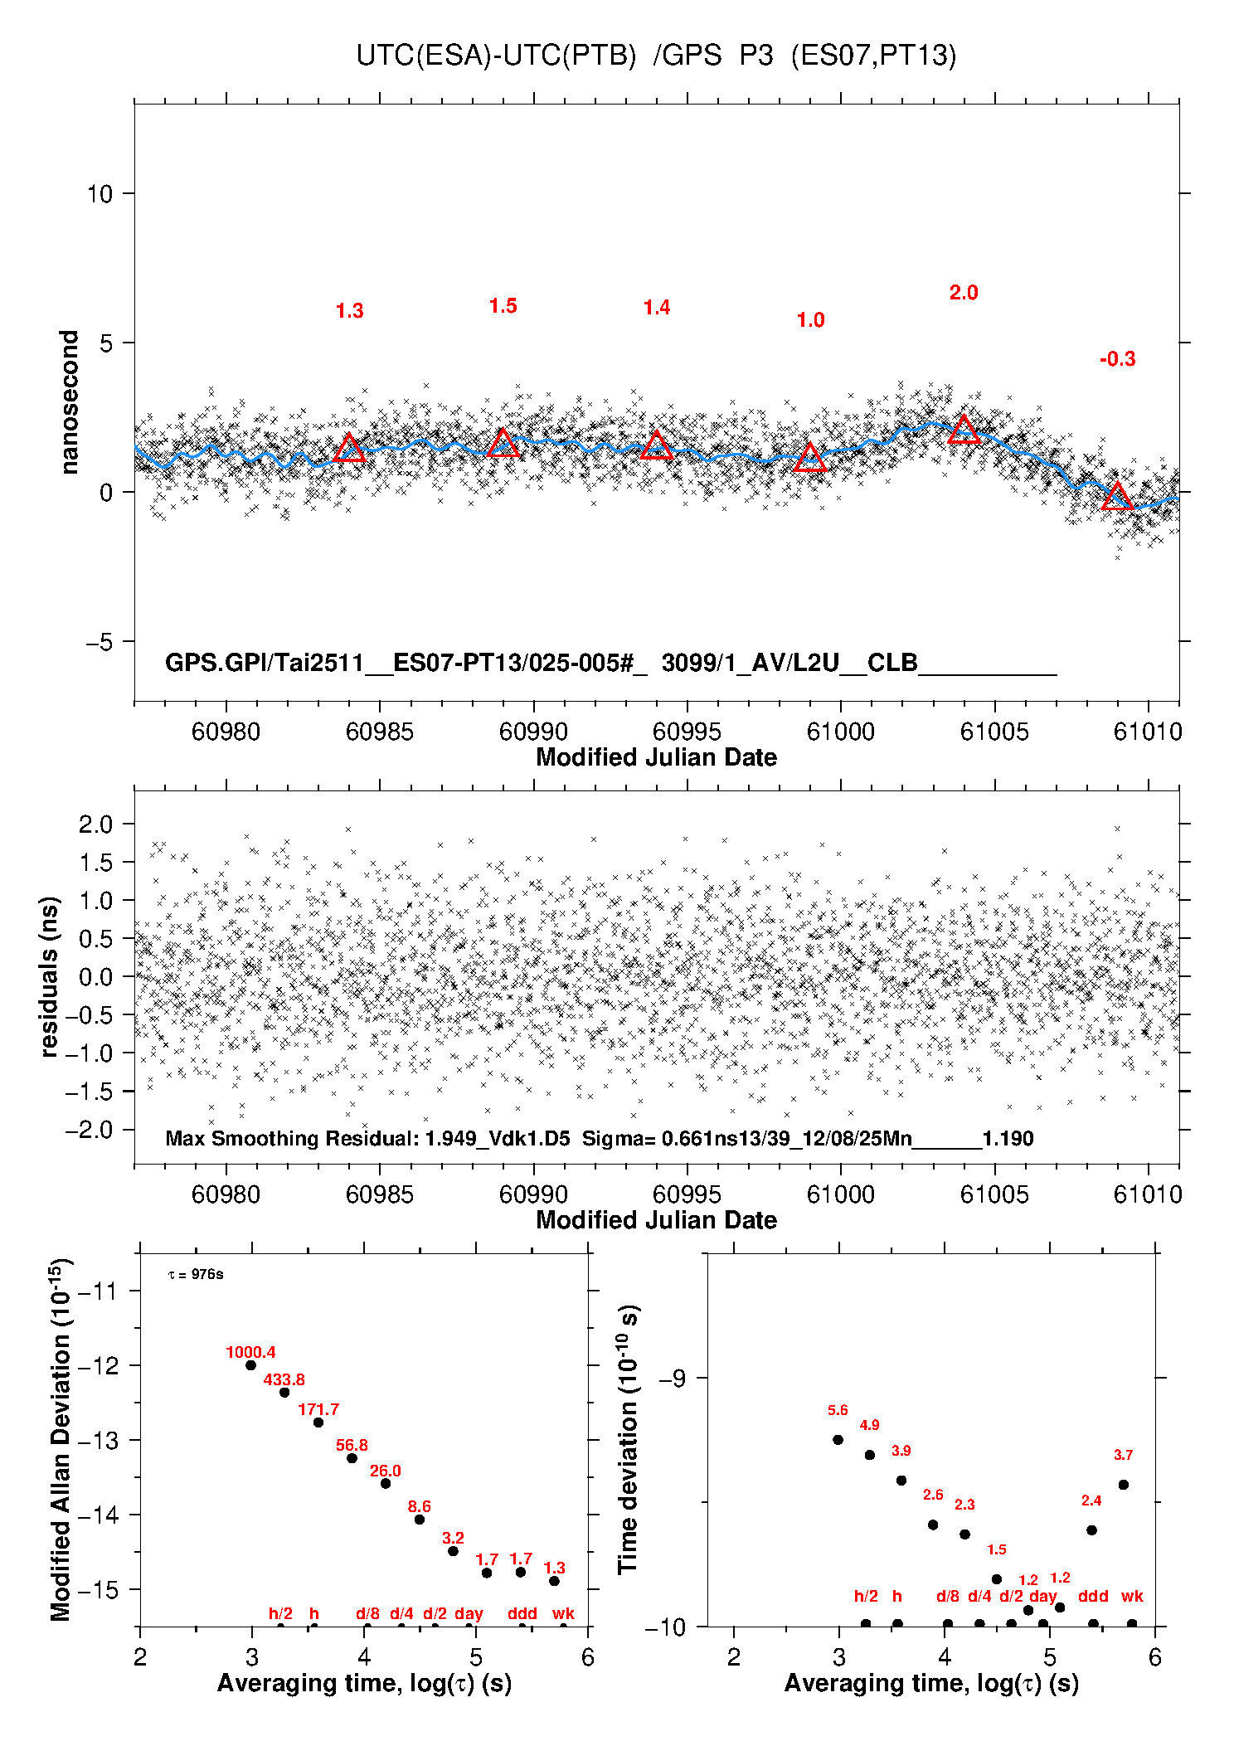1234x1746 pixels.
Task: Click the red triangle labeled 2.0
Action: click(964, 430)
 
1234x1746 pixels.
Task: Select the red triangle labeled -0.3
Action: click(1117, 497)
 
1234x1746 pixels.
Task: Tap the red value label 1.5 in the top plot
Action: click(503, 306)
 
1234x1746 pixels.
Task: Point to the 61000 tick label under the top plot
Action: click(840, 732)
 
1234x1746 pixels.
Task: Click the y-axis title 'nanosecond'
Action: click(70, 402)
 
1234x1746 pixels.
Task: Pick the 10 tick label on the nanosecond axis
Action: click(100, 194)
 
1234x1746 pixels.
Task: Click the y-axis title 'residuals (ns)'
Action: click(49, 976)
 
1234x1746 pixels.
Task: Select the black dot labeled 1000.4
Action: click(250, 1365)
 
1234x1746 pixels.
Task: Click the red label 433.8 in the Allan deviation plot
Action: click(284, 1379)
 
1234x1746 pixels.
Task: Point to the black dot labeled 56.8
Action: click(352, 1458)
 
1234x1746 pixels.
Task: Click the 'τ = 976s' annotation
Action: click(196, 1274)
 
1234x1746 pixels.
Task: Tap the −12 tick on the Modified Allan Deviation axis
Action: click(98, 1365)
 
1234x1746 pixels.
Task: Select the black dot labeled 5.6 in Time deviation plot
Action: click(838, 1439)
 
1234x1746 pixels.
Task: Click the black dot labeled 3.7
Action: click(1123, 1485)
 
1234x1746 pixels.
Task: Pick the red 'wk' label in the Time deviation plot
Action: click(1131, 1596)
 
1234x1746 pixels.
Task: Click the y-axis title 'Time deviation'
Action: click(628, 1438)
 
